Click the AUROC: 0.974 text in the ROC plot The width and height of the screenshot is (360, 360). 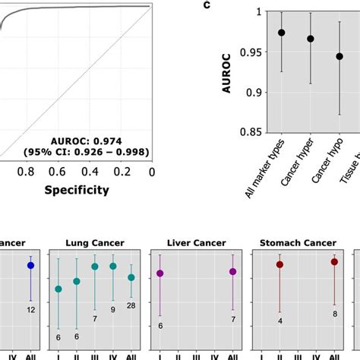click(x=100, y=139)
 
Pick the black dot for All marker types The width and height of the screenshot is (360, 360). click(x=282, y=33)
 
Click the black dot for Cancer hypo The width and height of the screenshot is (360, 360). click(x=339, y=56)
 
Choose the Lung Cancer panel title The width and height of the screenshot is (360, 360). click(x=94, y=244)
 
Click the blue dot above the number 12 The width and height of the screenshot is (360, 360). click(x=30, y=266)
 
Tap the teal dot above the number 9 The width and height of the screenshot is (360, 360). click(x=113, y=266)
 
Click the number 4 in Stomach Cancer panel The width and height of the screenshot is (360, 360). click(x=280, y=321)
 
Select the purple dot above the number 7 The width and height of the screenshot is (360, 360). click(x=233, y=272)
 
